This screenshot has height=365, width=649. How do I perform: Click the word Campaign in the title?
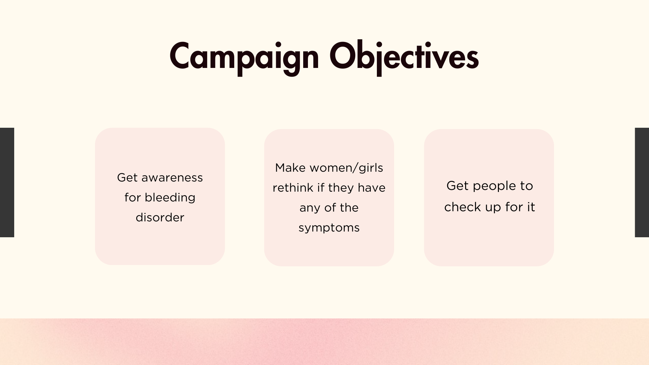coord(244,57)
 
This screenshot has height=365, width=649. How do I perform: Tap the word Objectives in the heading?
coord(404,57)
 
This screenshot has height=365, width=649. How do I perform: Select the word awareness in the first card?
coord(172,178)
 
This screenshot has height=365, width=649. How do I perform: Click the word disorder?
coord(160,217)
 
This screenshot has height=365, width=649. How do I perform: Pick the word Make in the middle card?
coord(290,168)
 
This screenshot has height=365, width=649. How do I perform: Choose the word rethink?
coord(293,188)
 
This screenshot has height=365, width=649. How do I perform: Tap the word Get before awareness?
coord(127,178)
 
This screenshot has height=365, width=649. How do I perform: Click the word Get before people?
coord(457,186)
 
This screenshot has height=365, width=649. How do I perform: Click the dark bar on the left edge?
coord(7,182)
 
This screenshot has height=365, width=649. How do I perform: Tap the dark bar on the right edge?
coord(642,182)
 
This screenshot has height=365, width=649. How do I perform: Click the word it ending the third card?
coord(531,207)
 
